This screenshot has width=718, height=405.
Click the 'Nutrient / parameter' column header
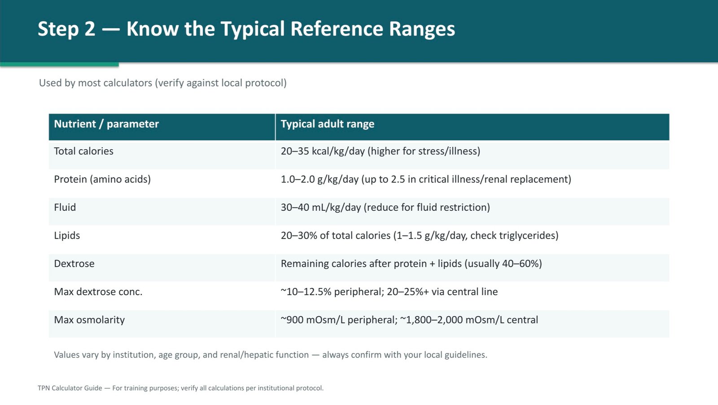click(x=106, y=124)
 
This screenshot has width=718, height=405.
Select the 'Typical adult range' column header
click(x=328, y=124)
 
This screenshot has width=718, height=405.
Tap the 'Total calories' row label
click(x=83, y=151)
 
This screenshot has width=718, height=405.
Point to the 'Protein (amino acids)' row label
click(x=102, y=179)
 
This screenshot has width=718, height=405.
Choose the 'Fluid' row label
click(x=65, y=207)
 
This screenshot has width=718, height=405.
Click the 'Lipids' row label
click(x=67, y=235)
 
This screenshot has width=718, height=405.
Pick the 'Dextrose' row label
click(x=74, y=263)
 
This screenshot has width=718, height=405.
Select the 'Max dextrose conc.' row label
click(x=98, y=292)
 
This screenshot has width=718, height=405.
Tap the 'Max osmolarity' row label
click(x=89, y=320)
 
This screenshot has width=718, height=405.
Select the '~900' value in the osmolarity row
click(x=292, y=320)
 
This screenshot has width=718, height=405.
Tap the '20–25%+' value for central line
click(x=408, y=292)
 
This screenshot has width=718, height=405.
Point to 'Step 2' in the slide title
click(x=67, y=29)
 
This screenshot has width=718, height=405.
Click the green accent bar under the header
click(x=59, y=65)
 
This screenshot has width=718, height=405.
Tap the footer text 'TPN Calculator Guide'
click(x=70, y=388)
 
